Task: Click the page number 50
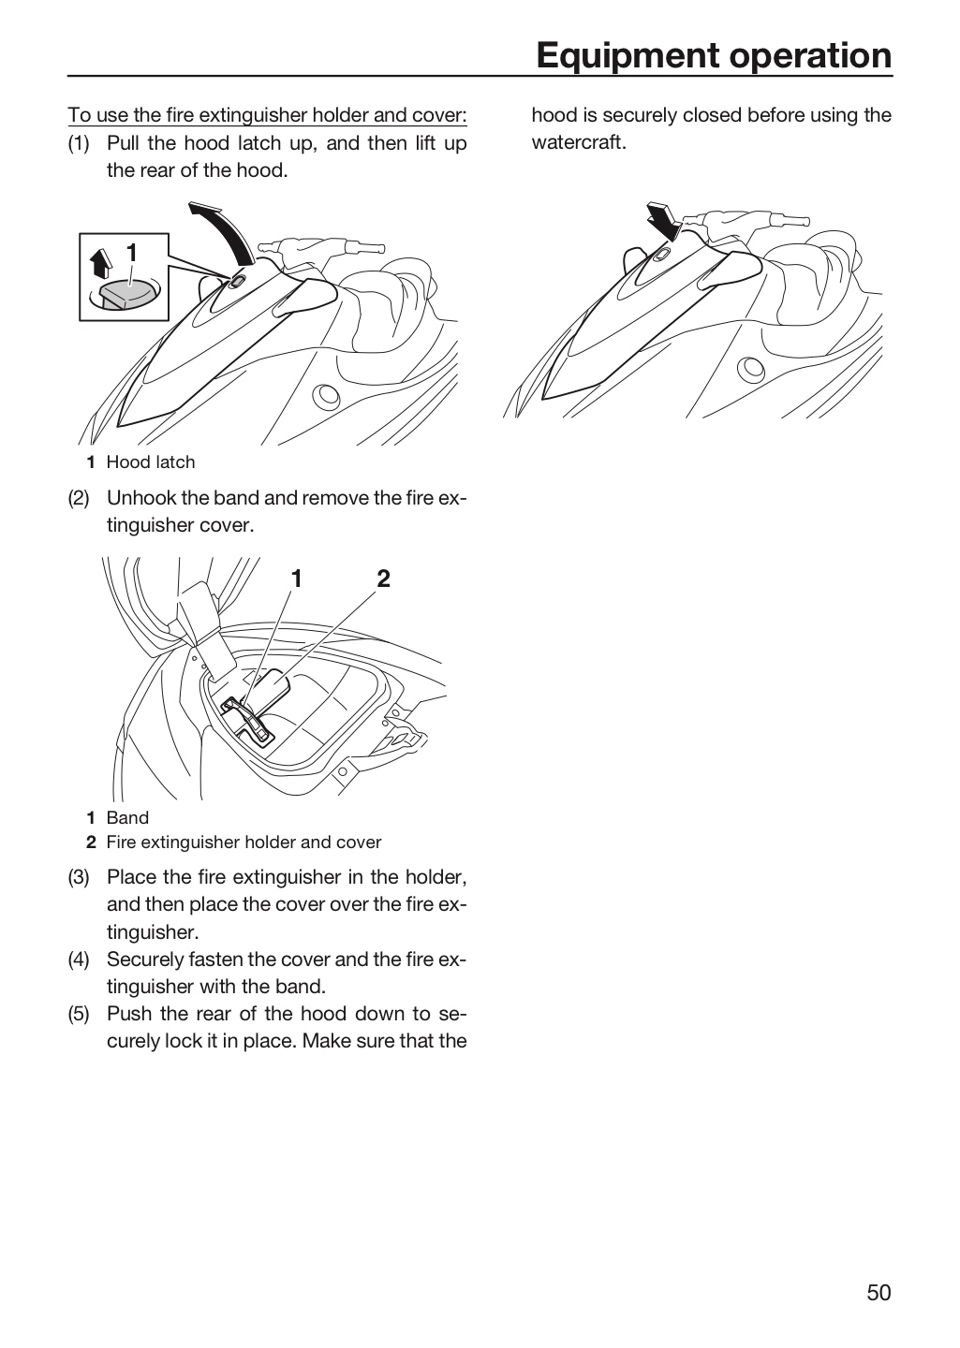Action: click(x=879, y=1293)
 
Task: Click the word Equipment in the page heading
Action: click(x=628, y=56)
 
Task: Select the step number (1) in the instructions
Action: click(x=79, y=143)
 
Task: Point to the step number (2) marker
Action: click(x=79, y=498)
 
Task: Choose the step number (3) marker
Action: click(x=79, y=877)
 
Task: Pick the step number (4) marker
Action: click(x=79, y=960)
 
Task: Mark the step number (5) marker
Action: click(x=79, y=1014)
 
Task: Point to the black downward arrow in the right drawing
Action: click(x=664, y=220)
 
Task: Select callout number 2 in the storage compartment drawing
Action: click(x=384, y=579)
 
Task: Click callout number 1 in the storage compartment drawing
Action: click(x=296, y=579)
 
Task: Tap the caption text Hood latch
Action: click(x=151, y=462)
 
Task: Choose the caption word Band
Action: click(x=127, y=818)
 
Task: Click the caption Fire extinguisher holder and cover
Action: click(x=244, y=842)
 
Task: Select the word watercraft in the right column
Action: click(x=579, y=142)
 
